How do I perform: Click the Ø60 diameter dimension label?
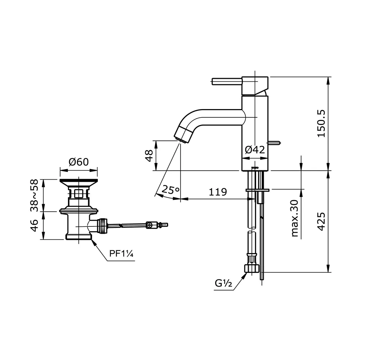coord(78,162)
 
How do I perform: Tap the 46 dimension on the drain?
coord(35,225)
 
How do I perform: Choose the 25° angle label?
coord(170,189)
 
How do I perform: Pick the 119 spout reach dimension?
coord(218,192)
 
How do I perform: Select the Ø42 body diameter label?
coord(255,149)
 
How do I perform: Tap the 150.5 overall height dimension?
coord(321,123)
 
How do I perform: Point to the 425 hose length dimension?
coord(321,222)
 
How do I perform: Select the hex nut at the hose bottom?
coord(251,268)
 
